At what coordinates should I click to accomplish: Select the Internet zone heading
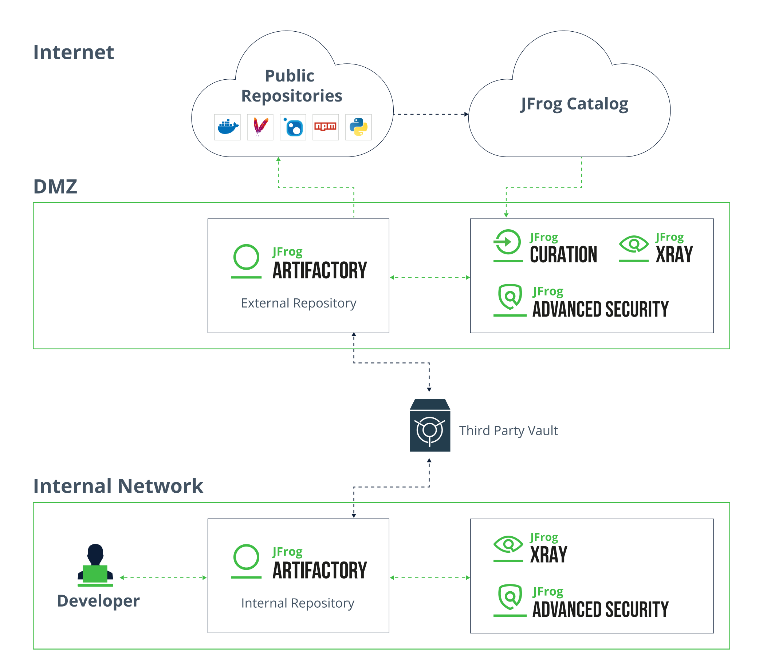tap(74, 52)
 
